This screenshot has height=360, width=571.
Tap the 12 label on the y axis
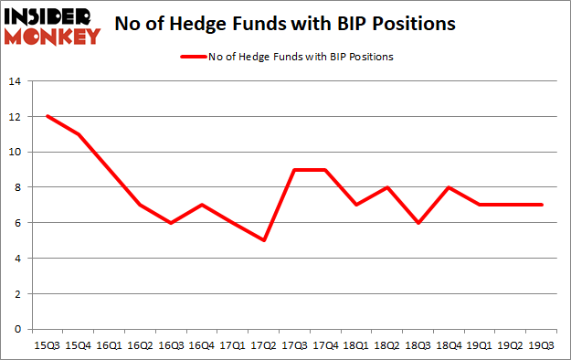tap(15, 117)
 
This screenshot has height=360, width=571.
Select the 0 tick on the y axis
tap(17, 329)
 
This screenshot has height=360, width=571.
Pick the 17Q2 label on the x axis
tap(263, 345)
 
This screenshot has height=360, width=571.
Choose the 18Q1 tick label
tap(356, 345)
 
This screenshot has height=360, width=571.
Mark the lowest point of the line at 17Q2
tap(263, 240)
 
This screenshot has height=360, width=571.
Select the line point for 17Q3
tap(294, 170)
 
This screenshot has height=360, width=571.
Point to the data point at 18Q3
tap(418, 223)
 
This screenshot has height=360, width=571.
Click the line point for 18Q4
tap(449, 187)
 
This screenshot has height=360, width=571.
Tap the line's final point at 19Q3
tap(541, 205)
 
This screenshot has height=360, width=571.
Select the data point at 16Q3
tap(171, 223)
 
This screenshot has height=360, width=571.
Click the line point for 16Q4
tap(202, 205)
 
